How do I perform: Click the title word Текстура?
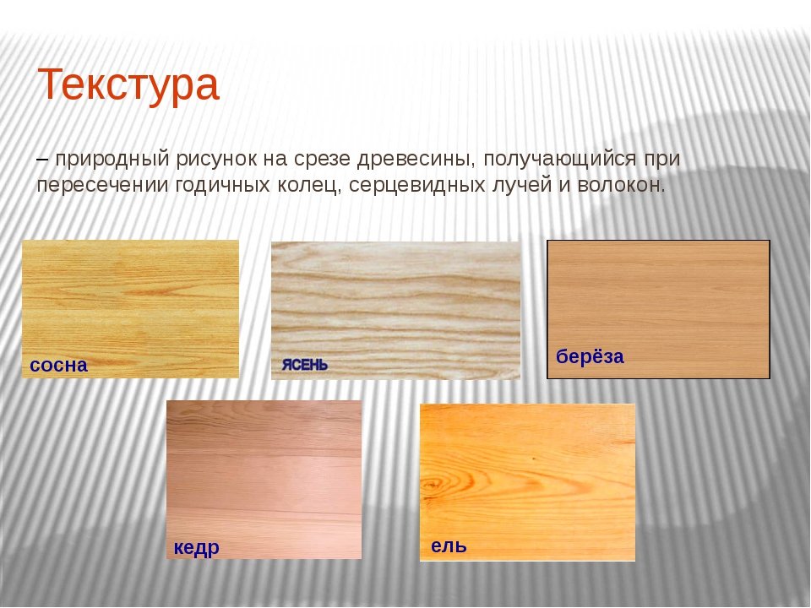point(128,84)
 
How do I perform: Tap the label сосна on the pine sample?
point(58,365)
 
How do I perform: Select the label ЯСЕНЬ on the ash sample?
point(305,365)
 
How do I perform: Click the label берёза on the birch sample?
point(590,356)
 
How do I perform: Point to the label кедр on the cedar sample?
point(197,547)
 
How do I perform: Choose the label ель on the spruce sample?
point(449,546)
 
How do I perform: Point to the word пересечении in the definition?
point(102,185)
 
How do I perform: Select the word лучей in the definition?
point(522,185)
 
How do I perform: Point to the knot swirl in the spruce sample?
point(433,486)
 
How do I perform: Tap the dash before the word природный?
point(42,160)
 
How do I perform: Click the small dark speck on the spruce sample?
point(534,458)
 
